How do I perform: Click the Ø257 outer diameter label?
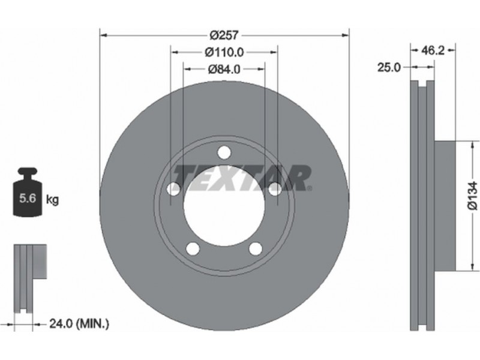pyautogui.click(x=224, y=35)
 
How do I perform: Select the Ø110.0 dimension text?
pyautogui.click(x=224, y=53)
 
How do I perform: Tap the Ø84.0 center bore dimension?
pyautogui.click(x=224, y=70)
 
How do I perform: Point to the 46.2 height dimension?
pyautogui.click(x=433, y=50)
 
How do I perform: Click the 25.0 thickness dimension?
pyautogui.click(x=389, y=67)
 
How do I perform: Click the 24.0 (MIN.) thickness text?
pyautogui.click(x=79, y=323)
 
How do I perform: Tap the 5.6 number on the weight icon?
pyautogui.click(x=28, y=198)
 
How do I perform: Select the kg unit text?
pyautogui.click(x=52, y=200)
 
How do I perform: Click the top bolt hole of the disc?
pyautogui.click(x=224, y=152)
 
